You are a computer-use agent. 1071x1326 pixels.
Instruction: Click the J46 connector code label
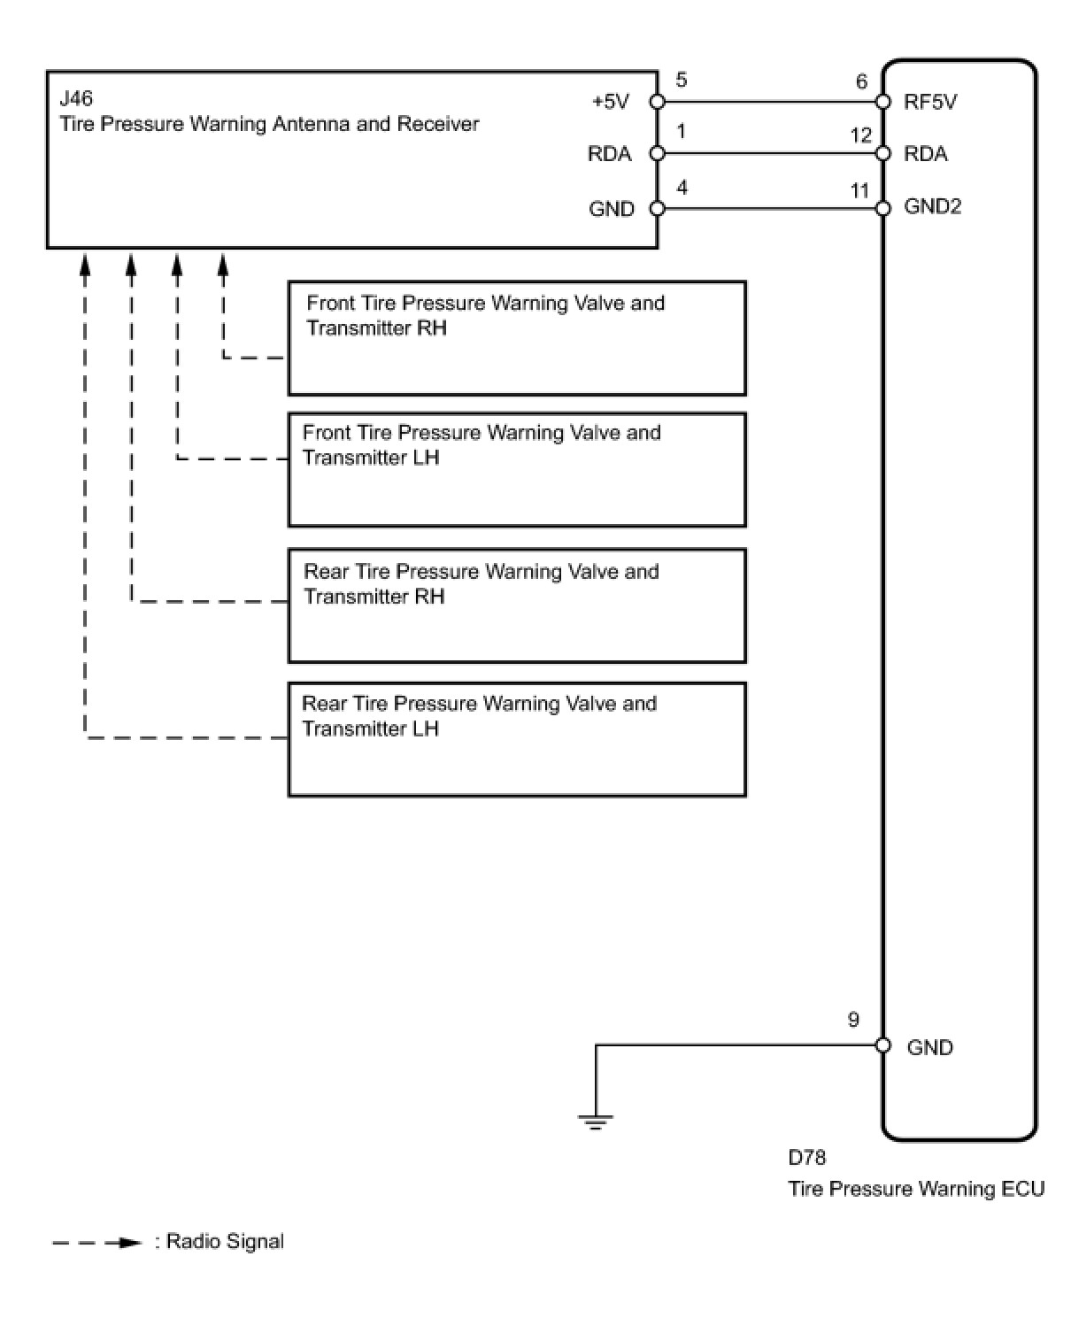(76, 97)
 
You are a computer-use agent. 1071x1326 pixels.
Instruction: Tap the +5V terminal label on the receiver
(610, 102)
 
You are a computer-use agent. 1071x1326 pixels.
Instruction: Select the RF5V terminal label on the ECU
(930, 102)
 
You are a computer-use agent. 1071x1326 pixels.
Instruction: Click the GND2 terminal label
(932, 206)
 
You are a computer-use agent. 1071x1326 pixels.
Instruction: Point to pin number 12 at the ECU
(860, 135)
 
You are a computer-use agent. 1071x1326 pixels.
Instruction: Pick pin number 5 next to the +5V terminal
(681, 81)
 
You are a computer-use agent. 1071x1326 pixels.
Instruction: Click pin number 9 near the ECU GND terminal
(853, 1020)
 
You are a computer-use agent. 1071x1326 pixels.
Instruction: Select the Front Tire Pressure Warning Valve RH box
(517, 338)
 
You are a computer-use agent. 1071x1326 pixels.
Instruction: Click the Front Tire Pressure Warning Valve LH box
(517, 469)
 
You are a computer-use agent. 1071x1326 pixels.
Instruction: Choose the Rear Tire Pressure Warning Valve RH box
(517, 605)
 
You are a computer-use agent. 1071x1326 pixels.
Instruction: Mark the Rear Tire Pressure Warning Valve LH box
(517, 739)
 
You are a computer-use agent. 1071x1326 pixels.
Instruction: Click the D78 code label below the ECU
(806, 1157)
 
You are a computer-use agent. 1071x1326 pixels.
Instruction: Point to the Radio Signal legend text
(225, 1241)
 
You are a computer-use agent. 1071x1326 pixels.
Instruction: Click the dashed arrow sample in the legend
(97, 1243)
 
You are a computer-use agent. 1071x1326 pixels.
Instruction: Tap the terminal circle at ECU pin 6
(882, 102)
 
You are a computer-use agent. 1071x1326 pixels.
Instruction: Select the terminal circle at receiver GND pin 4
(658, 209)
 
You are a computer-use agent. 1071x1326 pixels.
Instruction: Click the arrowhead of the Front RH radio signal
(223, 263)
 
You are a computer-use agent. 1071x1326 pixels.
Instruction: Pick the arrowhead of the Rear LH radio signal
(86, 263)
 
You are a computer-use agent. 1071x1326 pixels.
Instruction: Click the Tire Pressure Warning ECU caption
(916, 1188)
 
